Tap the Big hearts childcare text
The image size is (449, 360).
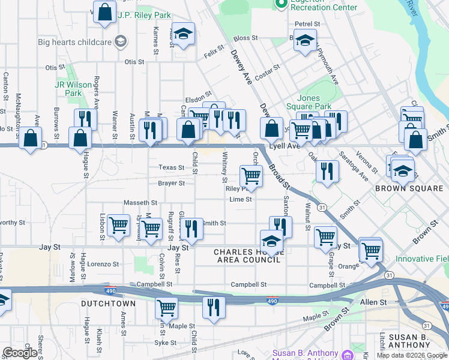[x=75, y=42]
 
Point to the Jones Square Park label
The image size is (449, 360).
[x=314, y=102]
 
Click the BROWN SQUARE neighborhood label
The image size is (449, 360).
[x=409, y=188]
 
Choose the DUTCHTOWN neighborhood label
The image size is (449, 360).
[x=109, y=304]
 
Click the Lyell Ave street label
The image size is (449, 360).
[x=285, y=146]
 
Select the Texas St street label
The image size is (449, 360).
[x=171, y=167]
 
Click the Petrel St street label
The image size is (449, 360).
[x=307, y=24]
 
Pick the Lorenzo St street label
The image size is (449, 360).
[x=103, y=264]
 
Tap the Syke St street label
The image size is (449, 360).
[x=165, y=343]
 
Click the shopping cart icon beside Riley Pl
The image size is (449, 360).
[x=251, y=176]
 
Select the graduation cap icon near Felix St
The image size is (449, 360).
[x=183, y=33]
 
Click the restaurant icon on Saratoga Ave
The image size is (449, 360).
[x=327, y=170]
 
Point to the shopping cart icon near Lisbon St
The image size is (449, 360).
[x=119, y=225]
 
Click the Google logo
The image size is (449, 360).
[x=20, y=353]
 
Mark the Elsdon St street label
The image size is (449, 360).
[x=199, y=94]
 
